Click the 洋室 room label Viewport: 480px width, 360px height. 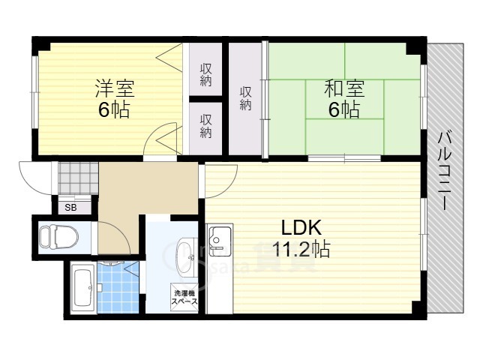[114, 88]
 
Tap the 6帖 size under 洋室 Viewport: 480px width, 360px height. [114, 110]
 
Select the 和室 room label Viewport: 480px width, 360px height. [344, 88]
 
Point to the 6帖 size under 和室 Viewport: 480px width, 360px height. [344, 110]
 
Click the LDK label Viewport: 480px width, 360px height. [301, 227]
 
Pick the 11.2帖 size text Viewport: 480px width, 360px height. [301, 249]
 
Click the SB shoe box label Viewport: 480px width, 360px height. [70, 207]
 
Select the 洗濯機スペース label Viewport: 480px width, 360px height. [185, 297]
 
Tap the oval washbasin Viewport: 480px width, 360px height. [184, 257]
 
